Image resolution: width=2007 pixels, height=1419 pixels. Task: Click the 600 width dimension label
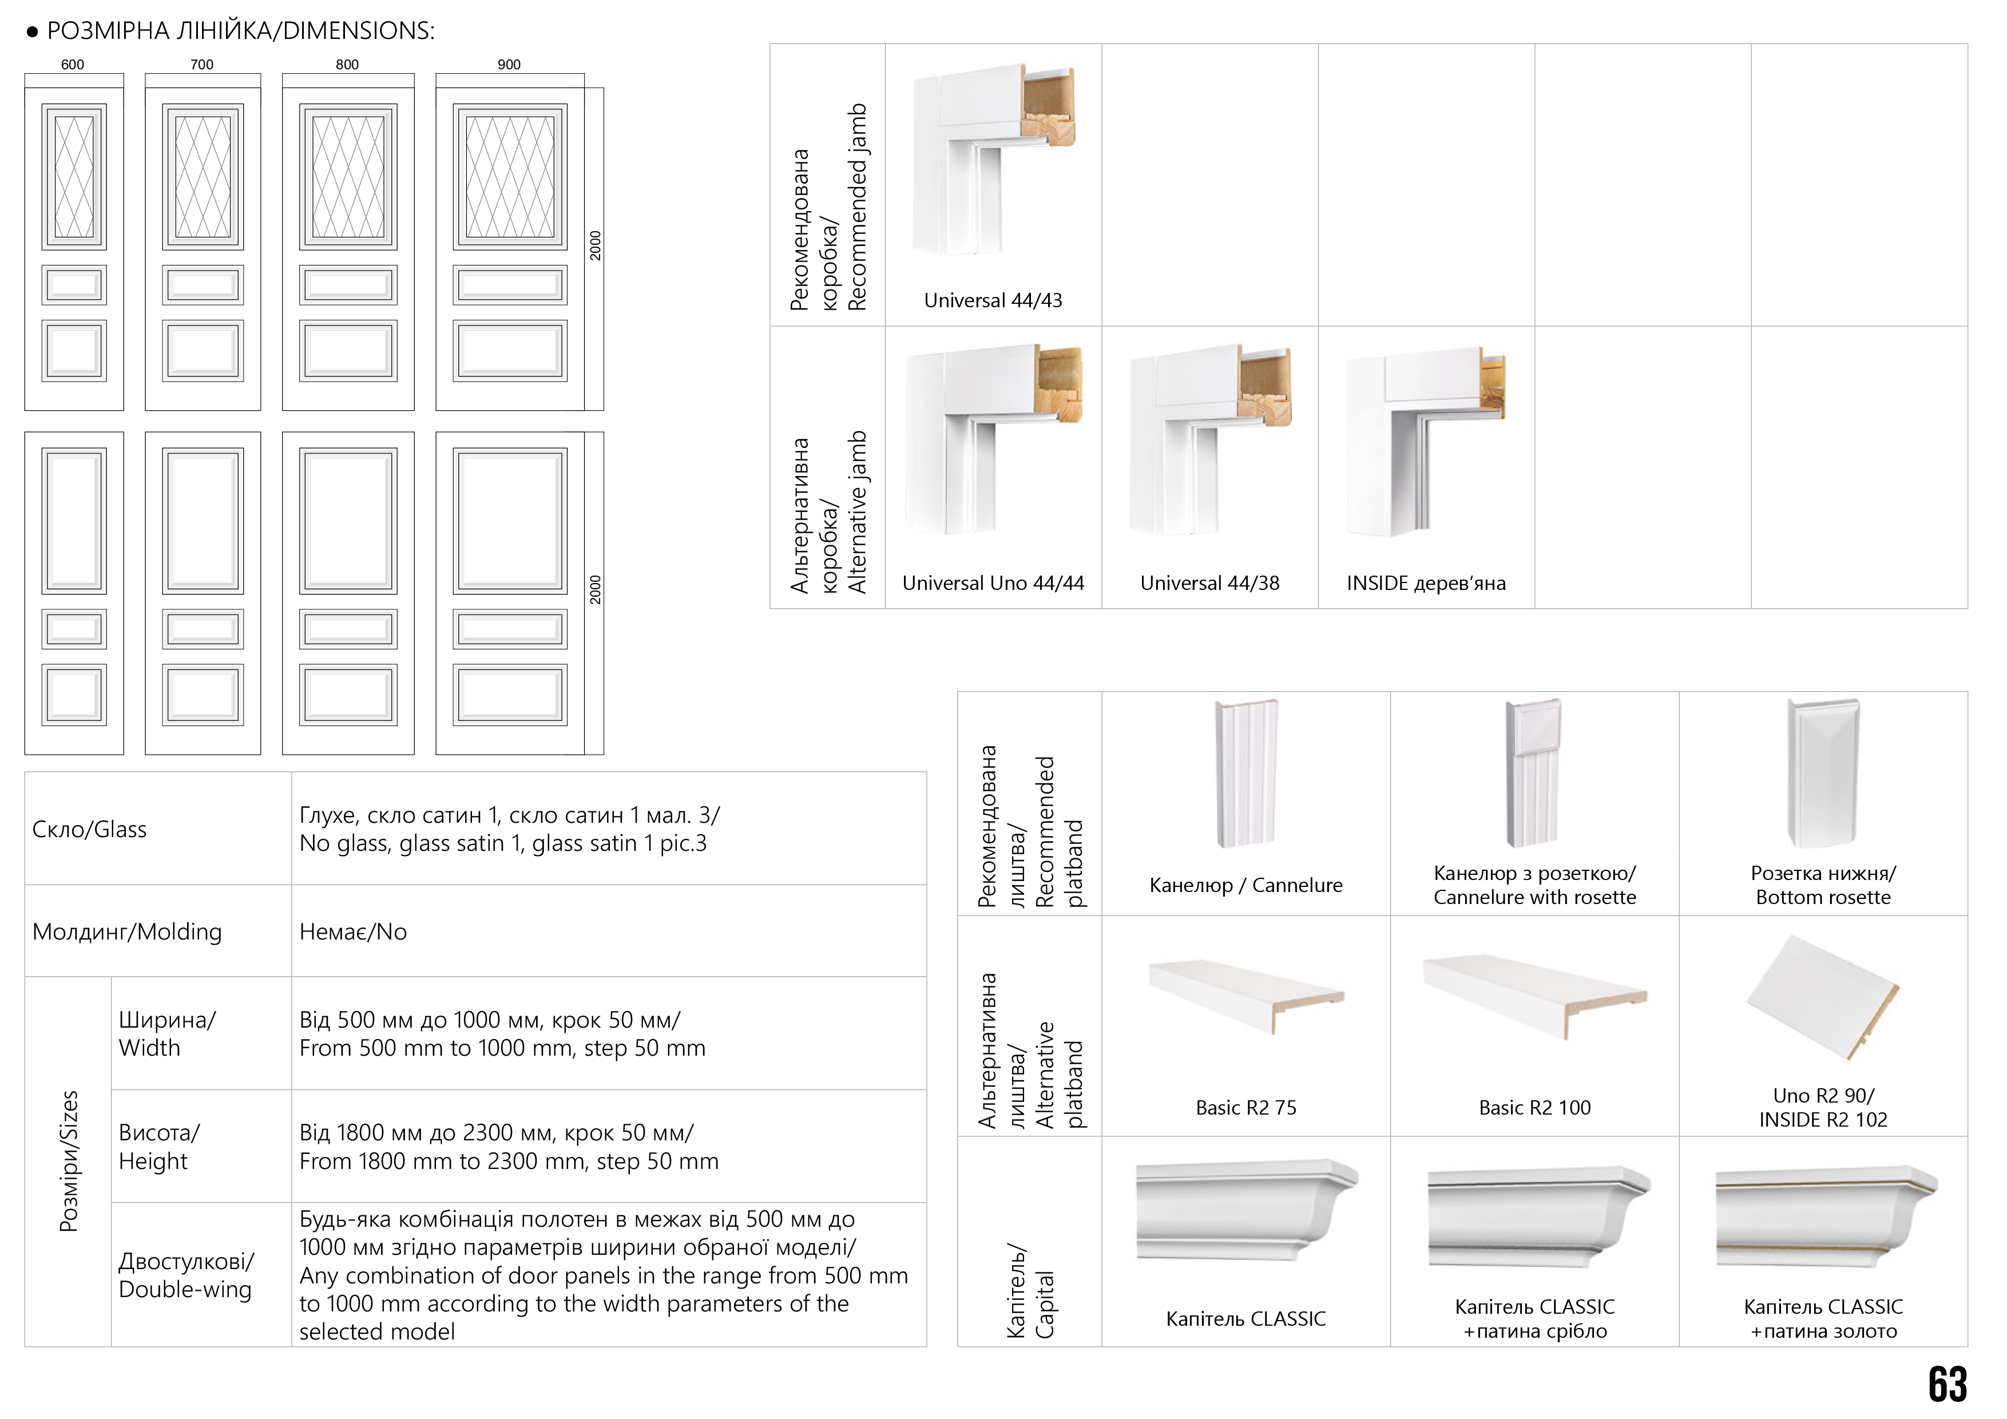pyautogui.click(x=73, y=65)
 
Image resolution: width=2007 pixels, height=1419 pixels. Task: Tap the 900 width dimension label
pyautogui.click(x=509, y=65)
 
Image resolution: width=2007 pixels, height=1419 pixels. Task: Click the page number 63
pyautogui.click(x=1947, y=1385)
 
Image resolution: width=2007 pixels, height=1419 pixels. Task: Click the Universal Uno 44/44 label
pyautogui.click(x=993, y=583)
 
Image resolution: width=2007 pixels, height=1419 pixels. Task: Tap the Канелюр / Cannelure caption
pyautogui.click(x=1246, y=885)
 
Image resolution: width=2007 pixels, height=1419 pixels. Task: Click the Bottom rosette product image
pyautogui.click(x=1823, y=773)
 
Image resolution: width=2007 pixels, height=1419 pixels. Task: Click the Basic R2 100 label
pyautogui.click(x=1534, y=1108)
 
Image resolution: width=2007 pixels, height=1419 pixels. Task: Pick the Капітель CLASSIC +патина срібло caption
pyautogui.click(x=1534, y=1318)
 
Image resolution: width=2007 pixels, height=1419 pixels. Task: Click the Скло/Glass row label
pyautogui.click(x=89, y=829)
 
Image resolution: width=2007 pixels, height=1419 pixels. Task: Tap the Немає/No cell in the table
pyautogui.click(x=353, y=932)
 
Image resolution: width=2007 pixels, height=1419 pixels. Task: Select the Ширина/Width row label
pyautogui.click(x=166, y=1033)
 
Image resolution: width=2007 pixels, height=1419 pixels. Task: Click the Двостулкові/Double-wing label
pyautogui.click(x=185, y=1275)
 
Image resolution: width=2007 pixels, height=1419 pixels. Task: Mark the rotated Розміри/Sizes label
pyautogui.click(x=68, y=1161)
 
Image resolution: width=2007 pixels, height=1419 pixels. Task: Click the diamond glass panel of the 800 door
pyautogui.click(x=348, y=177)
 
